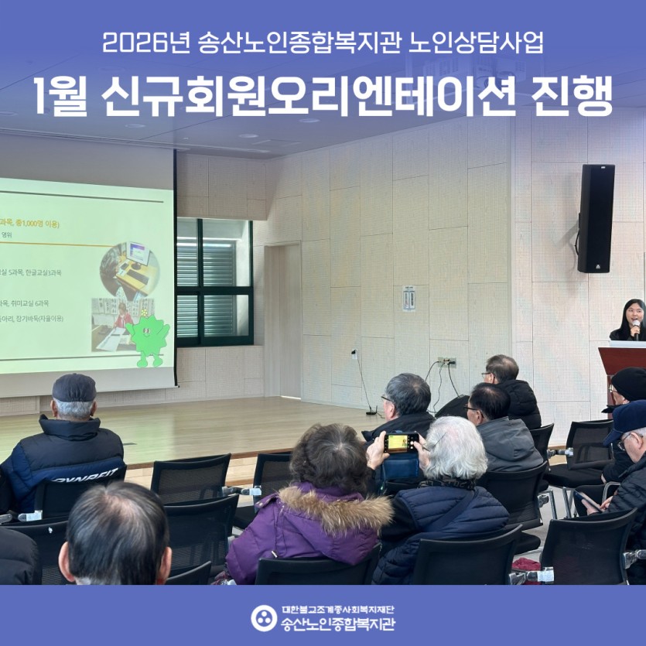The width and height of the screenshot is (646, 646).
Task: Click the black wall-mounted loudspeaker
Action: point(596,218)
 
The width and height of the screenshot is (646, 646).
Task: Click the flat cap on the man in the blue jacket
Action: point(74,387)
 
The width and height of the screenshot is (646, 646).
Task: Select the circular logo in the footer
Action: point(264,617)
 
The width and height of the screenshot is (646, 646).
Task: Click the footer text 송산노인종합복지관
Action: point(337,624)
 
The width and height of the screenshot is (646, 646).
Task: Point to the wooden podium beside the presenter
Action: point(622,364)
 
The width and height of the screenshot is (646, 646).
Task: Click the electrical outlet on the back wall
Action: point(446,361)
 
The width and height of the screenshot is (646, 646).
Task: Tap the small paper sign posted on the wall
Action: point(408,298)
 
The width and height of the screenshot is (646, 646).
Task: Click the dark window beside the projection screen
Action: point(214,281)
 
